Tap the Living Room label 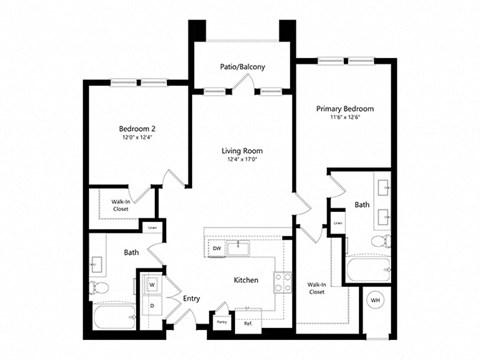click(240, 152)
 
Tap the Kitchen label click(247, 281)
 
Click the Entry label click(191, 298)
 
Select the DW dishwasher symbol click(217, 248)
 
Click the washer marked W click(152, 285)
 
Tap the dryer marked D click(152, 306)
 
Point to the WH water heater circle click(376, 299)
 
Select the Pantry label click(221, 322)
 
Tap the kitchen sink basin click(240, 248)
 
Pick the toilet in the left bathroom click(98, 288)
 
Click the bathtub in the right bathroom click(365, 270)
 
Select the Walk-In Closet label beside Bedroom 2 click(119, 207)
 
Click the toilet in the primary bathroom click(376, 243)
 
